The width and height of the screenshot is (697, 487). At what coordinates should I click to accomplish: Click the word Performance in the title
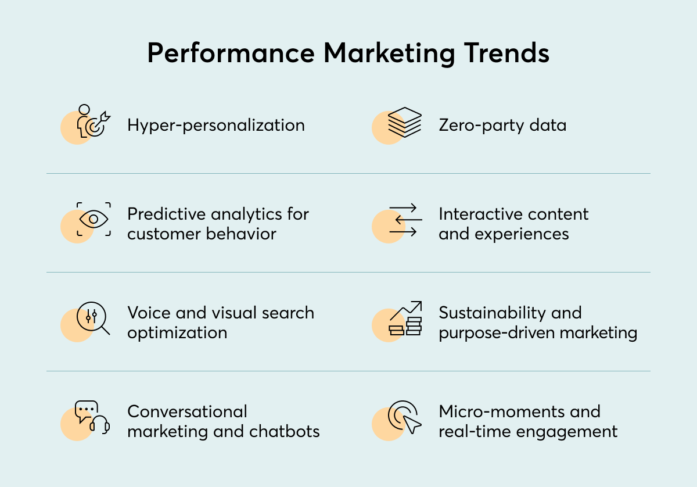(231, 53)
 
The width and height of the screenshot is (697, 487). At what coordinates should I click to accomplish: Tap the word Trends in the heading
(506, 53)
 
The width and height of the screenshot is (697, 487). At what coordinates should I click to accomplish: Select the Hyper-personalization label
(216, 126)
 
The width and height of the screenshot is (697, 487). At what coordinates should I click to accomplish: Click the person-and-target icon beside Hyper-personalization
(94, 121)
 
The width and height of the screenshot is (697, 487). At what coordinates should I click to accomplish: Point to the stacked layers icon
(405, 122)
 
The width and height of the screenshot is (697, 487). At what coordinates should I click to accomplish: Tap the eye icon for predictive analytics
(94, 219)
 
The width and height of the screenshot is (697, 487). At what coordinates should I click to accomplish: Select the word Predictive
(167, 214)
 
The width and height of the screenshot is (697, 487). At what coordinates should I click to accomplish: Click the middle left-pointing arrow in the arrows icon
(409, 220)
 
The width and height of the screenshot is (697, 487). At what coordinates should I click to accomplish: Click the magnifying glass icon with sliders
(94, 318)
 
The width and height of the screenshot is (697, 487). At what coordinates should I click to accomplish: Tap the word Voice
(149, 313)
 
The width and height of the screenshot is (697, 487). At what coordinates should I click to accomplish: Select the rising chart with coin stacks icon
(405, 318)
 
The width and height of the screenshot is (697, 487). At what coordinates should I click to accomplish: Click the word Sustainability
(492, 313)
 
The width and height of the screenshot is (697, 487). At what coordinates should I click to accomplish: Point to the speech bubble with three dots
(86, 411)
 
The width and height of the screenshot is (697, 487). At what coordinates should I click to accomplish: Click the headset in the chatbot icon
(100, 425)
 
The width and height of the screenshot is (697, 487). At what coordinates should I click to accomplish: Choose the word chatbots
(285, 432)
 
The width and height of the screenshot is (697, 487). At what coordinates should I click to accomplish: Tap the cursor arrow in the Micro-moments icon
(412, 424)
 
